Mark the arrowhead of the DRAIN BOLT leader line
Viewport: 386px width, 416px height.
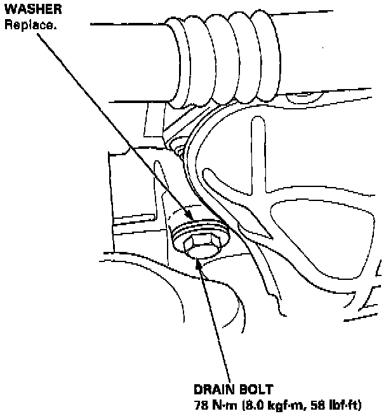pyautogui.click(x=199, y=260)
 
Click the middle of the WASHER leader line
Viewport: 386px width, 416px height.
pyautogui.click(x=114, y=124)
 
